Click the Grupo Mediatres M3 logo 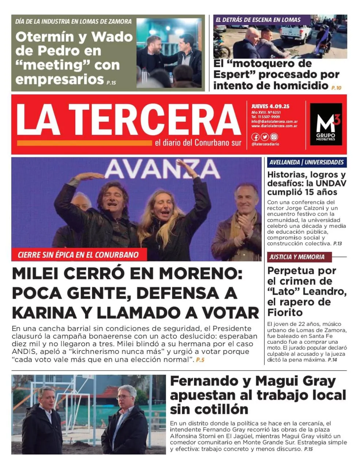click(x=326, y=124)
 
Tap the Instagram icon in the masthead click(x=274, y=137)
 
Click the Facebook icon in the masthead click(x=255, y=137)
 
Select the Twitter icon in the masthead click(x=265, y=137)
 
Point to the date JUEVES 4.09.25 click(x=270, y=106)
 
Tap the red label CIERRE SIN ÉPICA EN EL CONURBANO click(x=79, y=255)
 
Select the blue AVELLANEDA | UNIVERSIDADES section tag click(x=306, y=162)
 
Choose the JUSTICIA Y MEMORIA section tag click(x=298, y=257)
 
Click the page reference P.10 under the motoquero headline click(x=336, y=88)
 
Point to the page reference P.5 click(x=200, y=360)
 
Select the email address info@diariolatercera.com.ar click(x=274, y=121)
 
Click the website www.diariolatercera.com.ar click(x=274, y=126)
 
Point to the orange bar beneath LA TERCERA click(x=84, y=143)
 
